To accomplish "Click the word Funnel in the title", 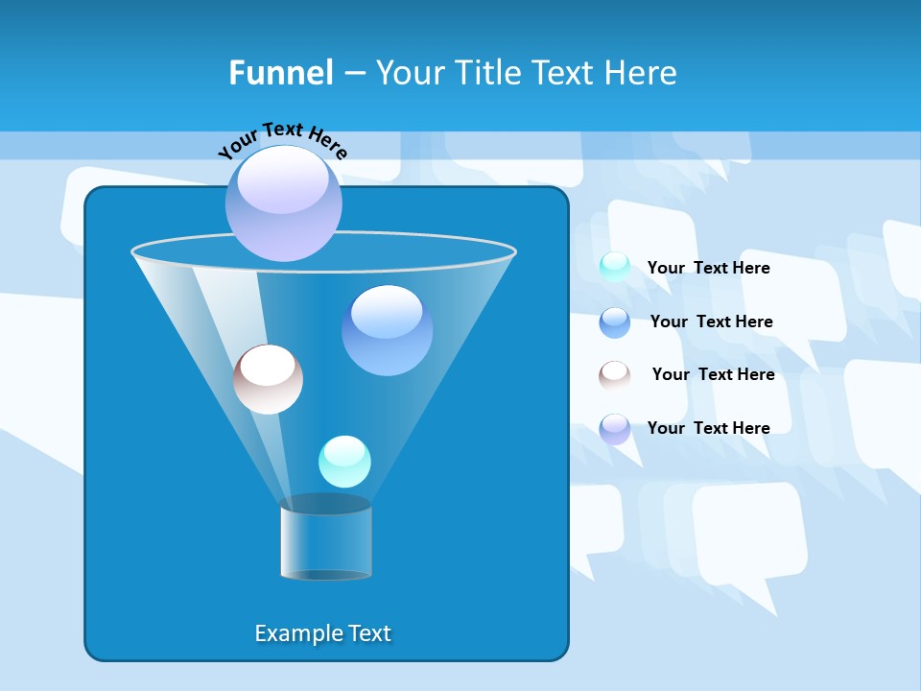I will tap(281, 72).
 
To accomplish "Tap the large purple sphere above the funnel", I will tap(284, 203).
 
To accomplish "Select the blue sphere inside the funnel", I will tap(387, 330).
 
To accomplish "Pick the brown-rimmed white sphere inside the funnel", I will tap(268, 379).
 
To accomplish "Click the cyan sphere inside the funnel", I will tap(344, 462).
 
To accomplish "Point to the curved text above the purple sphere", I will tap(283, 139).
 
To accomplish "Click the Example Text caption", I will tap(322, 633).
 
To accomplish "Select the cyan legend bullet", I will tap(615, 267).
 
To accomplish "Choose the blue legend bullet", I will tap(615, 322).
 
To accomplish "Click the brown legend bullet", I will tap(615, 375).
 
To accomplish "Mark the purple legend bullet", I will tap(615, 429).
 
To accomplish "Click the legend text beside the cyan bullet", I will tap(708, 268).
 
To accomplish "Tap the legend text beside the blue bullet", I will tap(711, 322).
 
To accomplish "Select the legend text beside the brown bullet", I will tap(713, 374).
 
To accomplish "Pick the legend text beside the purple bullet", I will tap(708, 428).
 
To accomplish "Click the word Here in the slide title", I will tap(643, 72).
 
